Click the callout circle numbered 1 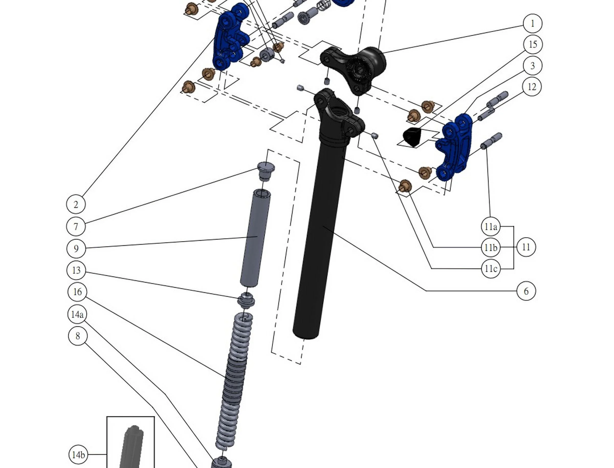[x=532, y=24]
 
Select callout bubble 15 [x=533, y=44]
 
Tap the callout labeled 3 [x=532, y=66]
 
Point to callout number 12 [x=532, y=87]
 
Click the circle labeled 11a [x=490, y=227]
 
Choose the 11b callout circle [x=490, y=247]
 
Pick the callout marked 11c [x=490, y=269]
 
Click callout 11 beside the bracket [x=526, y=247]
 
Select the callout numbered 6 [x=526, y=291]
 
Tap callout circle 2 [x=76, y=205]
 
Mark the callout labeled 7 [x=76, y=227]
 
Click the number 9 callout [x=76, y=249]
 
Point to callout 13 [x=76, y=270]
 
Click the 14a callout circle [x=77, y=315]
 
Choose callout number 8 [x=78, y=336]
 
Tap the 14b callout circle [x=78, y=455]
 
